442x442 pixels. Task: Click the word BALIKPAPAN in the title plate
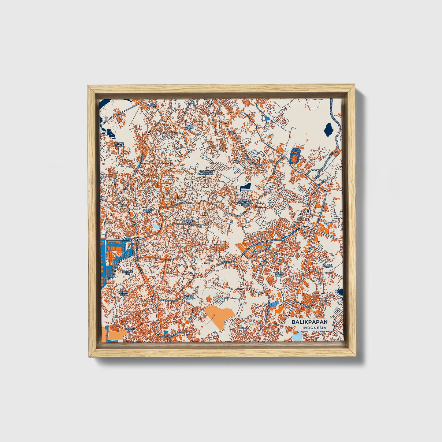click(x=309, y=322)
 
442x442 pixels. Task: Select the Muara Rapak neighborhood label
click(x=119, y=144)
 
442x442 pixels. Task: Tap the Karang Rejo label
click(x=147, y=211)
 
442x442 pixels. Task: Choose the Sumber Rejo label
click(x=188, y=222)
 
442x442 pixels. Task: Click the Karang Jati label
click(x=128, y=273)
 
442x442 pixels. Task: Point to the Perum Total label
click(x=124, y=293)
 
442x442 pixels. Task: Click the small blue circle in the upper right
click(x=268, y=118)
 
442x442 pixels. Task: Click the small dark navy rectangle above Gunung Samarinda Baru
click(x=245, y=187)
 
